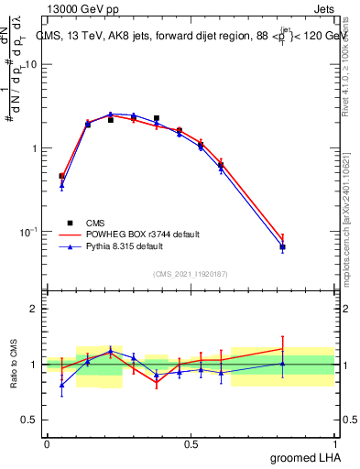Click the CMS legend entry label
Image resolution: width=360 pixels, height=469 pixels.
point(95,223)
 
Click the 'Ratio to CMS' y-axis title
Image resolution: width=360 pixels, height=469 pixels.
point(14,364)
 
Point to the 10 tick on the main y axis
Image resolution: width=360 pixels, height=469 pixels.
point(30,65)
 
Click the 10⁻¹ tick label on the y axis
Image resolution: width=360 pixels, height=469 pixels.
point(28,232)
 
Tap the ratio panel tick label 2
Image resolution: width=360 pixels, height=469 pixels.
point(34,309)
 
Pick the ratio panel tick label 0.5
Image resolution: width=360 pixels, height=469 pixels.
point(30,420)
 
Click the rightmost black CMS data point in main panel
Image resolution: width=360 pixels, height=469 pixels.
point(283,247)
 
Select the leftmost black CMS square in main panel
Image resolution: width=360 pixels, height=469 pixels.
point(61,176)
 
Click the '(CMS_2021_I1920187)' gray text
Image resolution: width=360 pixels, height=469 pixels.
point(190,273)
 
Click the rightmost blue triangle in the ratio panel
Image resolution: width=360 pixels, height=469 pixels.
point(283,364)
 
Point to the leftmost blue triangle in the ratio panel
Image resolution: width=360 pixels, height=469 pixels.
point(61,385)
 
